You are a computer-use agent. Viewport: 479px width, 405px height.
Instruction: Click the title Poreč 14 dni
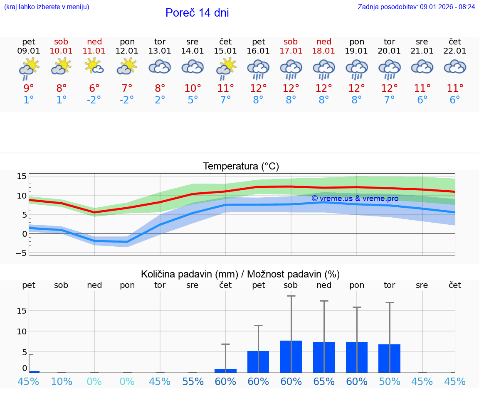tap(197, 13)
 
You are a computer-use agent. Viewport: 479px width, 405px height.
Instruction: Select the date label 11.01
tap(94, 51)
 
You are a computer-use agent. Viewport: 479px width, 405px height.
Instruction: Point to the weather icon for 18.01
tap(324, 69)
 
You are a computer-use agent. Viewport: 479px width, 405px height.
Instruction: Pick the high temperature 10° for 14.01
tap(193, 88)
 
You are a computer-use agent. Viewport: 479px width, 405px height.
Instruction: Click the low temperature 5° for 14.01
tap(193, 100)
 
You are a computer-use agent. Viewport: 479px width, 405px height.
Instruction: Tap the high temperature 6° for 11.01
tap(94, 88)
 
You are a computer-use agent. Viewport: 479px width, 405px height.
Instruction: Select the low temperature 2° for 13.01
tap(160, 100)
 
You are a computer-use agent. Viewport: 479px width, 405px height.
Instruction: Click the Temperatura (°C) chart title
tap(241, 167)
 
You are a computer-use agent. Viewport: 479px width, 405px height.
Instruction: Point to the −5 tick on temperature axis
tap(21, 253)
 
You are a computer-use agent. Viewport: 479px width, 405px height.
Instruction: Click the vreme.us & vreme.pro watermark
tap(355, 199)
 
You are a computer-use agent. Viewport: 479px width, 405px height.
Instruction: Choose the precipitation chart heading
tap(240, 274)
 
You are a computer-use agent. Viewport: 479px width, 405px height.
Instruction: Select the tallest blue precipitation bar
tap(291, 356)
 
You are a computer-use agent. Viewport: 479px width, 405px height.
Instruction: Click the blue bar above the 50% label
tap(389, 358)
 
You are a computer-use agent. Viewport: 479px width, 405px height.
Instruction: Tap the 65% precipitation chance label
tap(324, 382)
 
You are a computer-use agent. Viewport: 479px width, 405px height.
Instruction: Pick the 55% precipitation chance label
tap(193, 382)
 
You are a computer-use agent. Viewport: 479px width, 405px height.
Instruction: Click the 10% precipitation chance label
tap(62, 382)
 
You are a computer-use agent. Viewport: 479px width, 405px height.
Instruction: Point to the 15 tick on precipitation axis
tap(22, 310)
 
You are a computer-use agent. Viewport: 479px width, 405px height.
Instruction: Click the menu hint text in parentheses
tap(46, 7)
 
